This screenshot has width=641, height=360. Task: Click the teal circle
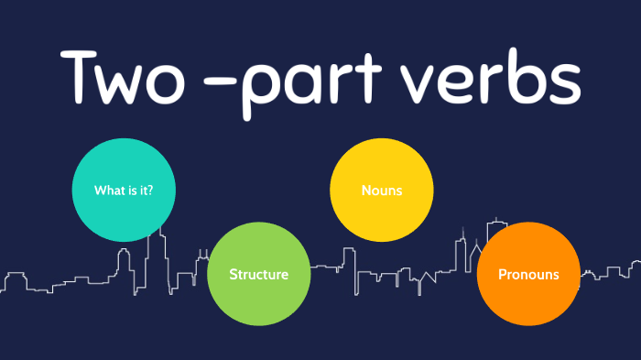click(123, 190)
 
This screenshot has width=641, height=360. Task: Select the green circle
click(258, 274)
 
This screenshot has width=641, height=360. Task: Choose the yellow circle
click(381, 191)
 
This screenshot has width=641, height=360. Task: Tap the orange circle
click(527, 274)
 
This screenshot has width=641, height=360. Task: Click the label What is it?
click(123, 191)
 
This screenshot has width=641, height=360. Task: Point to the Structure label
click(258, 274)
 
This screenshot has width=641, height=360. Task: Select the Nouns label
click(382, 191)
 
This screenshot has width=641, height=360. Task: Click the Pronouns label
click(527, 274)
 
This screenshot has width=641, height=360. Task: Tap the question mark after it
click(149, 191)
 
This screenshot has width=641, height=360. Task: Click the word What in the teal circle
click(108, 191)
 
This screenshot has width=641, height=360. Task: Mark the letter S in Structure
click(233, 274)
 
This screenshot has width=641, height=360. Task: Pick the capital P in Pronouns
click(502, 274)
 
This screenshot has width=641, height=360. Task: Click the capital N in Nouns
click(366, 191)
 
